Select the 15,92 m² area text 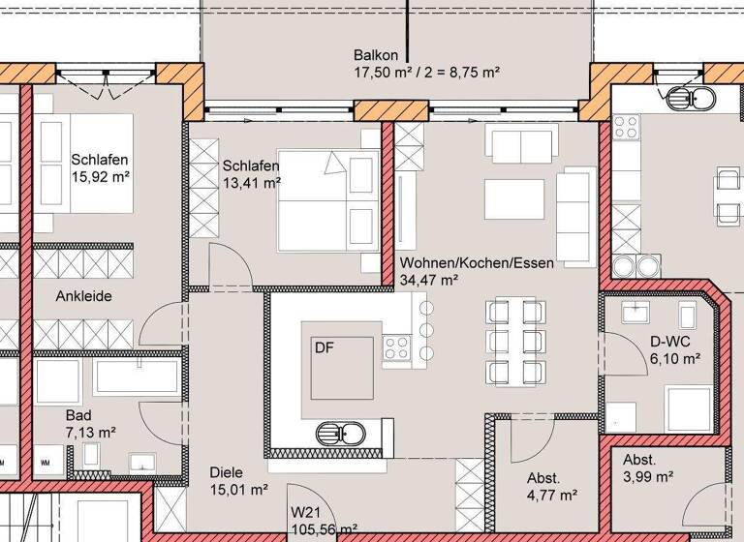pos(101,178)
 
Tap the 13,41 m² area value pos(251,182)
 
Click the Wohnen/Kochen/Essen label pos(463,261)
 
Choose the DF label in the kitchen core pos(323,346)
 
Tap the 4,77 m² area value pos(552,496)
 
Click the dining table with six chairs pos(511,340)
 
